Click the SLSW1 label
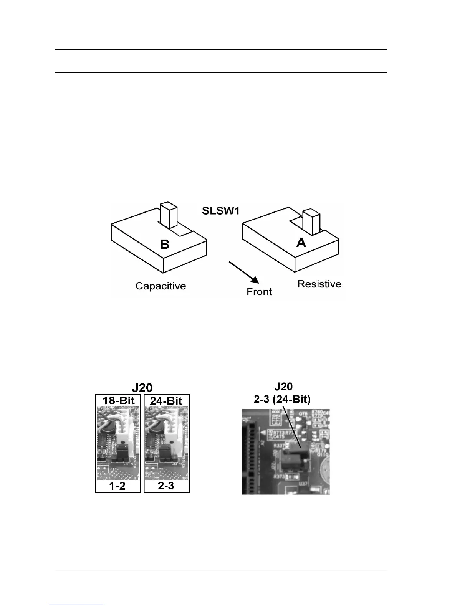click(221, 211)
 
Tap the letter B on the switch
click(164, 244)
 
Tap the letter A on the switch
click(301, 242)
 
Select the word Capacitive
click(161, 286)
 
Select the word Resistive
click(319, 284)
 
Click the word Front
click(259, 292)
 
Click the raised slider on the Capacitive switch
click(167, 215)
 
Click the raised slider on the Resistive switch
click(311, 221)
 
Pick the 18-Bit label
click(118, 401)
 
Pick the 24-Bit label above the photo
click(166, 401)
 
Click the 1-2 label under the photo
click(117, 486)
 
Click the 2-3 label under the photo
click(166, 486)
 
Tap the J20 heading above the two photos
click(142, 387)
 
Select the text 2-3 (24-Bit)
click(282, 399)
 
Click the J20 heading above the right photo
click(283, 387)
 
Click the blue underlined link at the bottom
click(76, 605)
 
